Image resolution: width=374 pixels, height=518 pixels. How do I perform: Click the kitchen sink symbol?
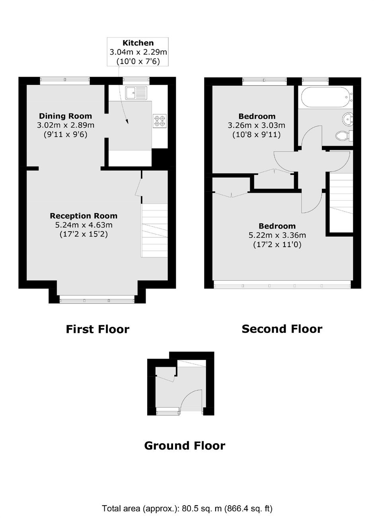[136, 93]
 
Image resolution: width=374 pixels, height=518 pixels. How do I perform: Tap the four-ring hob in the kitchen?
[160, 121]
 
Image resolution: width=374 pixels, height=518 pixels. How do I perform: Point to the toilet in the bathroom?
[344, 136]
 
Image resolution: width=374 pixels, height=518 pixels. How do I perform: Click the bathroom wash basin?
[347, 119]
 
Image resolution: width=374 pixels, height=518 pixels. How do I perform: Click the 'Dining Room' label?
[65, 116]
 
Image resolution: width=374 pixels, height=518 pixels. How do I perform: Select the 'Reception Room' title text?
[84, 216]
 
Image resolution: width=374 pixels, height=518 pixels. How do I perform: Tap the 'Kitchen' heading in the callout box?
[138, 43]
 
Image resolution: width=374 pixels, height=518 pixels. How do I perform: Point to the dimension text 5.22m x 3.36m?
[277, 235]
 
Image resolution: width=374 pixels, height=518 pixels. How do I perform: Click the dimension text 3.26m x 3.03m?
[256, 125]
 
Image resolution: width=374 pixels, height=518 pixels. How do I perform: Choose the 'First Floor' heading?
[97, 329]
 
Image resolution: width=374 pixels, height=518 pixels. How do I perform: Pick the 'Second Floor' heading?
[282, 329]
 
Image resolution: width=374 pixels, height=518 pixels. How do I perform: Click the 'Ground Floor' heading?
[185, 446]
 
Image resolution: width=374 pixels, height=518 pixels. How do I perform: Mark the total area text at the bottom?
[187, 508]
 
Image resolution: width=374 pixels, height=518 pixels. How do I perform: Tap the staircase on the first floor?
[154, 230]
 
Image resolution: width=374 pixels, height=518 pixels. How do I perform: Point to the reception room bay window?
[97, 301]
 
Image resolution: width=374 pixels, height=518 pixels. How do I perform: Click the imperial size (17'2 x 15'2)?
[84, 234]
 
